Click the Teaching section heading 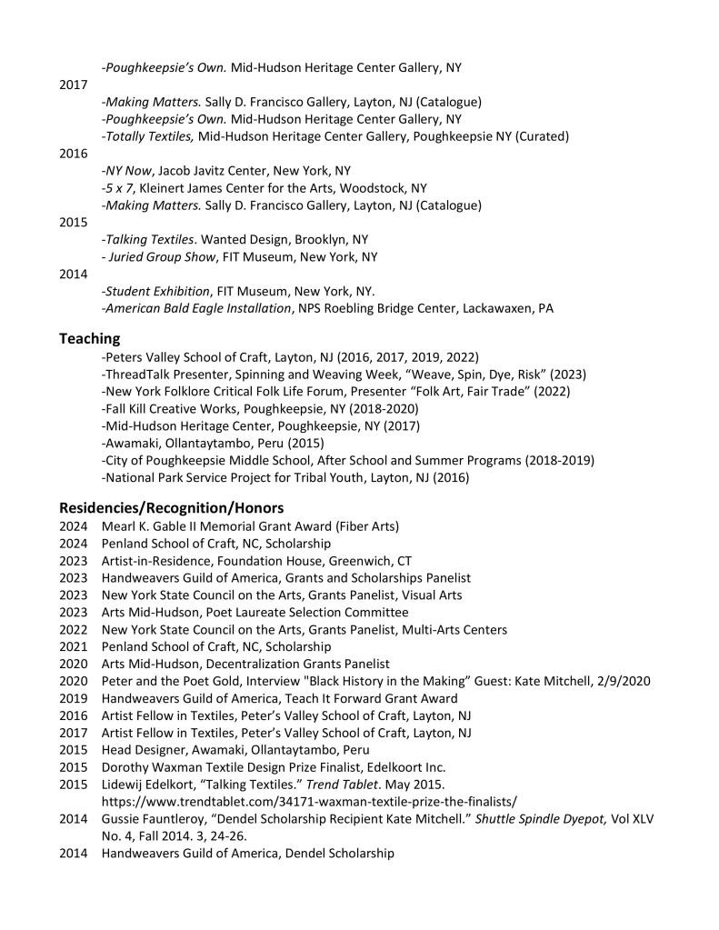(x=89, y=338)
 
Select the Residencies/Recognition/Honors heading (x=171, y=507)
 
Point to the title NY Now (x=126, y=170)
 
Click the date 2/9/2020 (x=624, y=680)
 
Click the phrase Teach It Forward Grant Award (x=365, y=697)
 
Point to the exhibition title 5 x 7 (x=121, y=187)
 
